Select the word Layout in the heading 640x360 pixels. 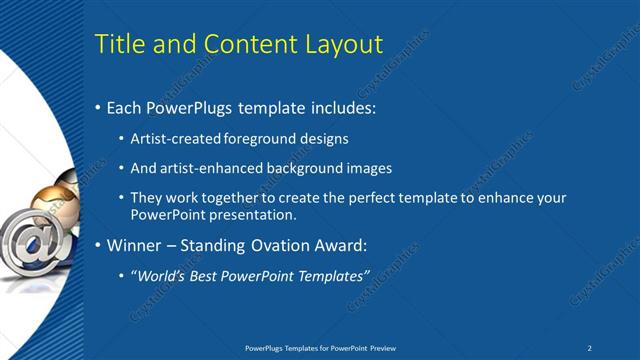click(343, 44)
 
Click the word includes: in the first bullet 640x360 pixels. click(341, 107)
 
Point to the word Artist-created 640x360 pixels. click(176, 138)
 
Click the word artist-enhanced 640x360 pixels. click(206, 168)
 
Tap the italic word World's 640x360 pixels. click(162, 274)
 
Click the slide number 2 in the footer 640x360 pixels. click(590, 347)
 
